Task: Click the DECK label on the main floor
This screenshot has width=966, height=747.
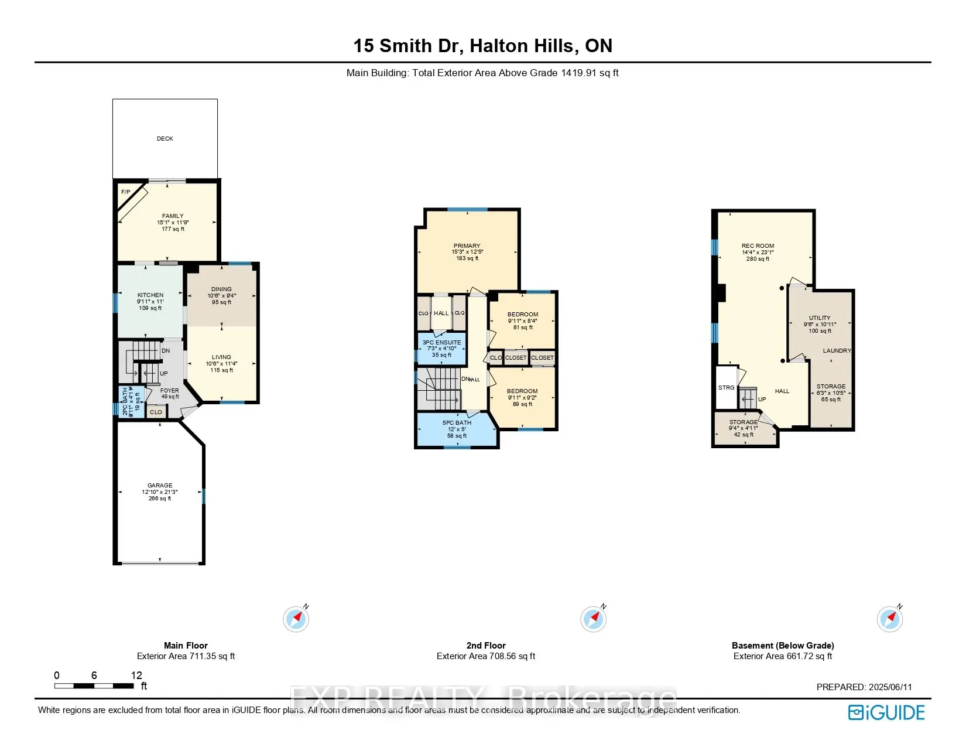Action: click(165, 139)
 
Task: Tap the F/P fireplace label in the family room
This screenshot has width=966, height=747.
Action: click(125, 192)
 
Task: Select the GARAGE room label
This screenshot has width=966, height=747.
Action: click(160, 486)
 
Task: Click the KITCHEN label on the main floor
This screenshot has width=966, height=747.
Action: click(150, 295)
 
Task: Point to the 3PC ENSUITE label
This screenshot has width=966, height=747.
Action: click(441, 343)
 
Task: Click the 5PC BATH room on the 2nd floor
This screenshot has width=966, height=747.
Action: click(457, 429)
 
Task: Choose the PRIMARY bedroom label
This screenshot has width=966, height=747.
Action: click(467, 246)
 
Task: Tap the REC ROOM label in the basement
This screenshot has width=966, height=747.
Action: click(758, 246)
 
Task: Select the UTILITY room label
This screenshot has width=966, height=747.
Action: click(820, 318)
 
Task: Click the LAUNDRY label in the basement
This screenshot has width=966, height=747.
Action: click(837, 351)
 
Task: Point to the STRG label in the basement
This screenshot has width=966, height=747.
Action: click(726, 388)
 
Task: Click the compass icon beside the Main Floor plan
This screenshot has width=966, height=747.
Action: click(296, 619)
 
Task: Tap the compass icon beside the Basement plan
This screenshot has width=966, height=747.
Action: click(889, 619)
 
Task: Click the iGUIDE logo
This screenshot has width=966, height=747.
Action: click(886, 712)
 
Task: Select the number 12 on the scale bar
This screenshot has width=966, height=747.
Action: click(136, 676)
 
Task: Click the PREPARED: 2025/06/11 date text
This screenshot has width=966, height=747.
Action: click(864, 687)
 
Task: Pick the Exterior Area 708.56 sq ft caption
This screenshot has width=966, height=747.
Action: click(486, 656)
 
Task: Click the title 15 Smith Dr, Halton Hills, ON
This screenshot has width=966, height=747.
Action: click(482, 46)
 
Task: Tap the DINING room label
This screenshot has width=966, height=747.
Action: click(221, 289)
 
